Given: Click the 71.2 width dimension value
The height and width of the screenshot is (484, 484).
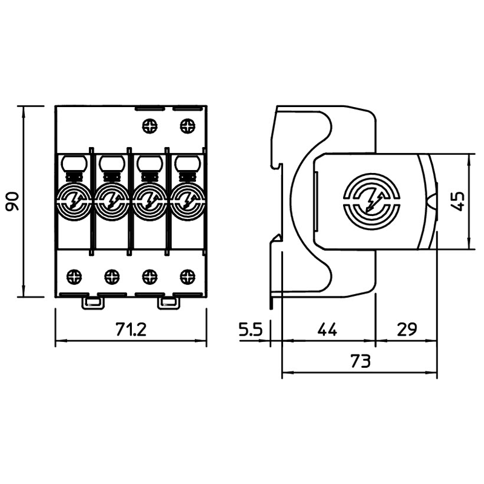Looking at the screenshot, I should click(x=131, y=330).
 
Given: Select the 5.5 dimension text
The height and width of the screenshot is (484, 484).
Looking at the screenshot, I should click(x=249, y=330).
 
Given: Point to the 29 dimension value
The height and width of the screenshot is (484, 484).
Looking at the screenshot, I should click(x=406, y=330).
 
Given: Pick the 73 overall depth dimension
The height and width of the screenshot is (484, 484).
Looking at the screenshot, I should click(x=359, y=362).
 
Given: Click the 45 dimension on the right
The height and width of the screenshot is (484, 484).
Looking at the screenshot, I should click(x=459, y=201).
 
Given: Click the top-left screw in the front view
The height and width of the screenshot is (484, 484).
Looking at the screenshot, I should click(x=149, y=127).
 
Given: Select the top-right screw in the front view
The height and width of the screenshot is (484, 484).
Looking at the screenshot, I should click(x=188, y=127).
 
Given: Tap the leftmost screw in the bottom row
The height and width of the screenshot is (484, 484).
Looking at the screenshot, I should click(x=74, y=277).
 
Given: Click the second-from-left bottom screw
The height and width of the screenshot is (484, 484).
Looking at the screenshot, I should click(x=112, y=277).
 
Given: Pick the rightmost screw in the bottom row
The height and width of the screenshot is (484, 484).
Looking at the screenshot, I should click(x=188, y=277).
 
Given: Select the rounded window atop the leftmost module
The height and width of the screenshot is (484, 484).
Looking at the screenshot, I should click(x=74, y=163).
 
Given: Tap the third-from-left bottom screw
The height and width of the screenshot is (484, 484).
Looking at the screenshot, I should click(x=149, y=277).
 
